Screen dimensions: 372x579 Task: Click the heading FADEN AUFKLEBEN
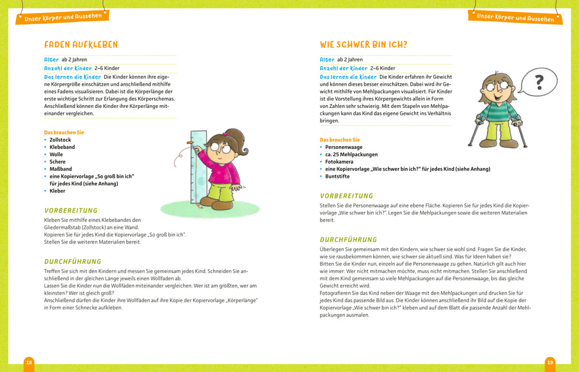81,45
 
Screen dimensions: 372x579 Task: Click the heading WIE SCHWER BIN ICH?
363,45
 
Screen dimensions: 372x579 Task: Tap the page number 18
29,362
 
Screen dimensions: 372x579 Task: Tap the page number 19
550,362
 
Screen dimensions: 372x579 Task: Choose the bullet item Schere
57,162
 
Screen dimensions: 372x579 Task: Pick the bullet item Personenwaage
343,147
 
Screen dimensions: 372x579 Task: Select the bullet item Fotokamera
339,162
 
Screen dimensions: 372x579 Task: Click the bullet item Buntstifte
338,176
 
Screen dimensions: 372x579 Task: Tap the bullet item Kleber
57,191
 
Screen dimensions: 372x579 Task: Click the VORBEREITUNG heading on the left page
71,210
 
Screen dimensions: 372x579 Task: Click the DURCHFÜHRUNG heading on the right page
348,240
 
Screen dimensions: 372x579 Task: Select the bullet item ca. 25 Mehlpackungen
351,154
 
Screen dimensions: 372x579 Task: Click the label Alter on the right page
327,59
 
